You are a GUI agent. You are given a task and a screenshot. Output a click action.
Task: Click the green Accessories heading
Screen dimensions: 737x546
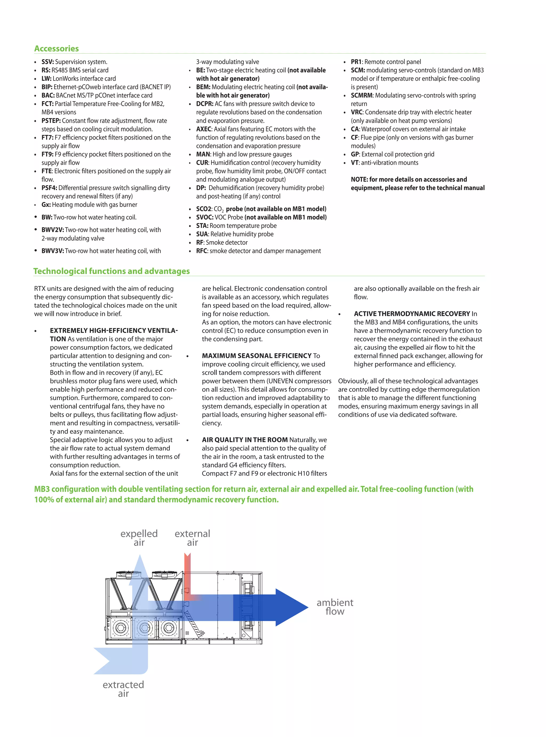click(x=57, y=49)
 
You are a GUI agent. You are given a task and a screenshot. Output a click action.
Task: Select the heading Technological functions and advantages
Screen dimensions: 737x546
click(x=111, y=271)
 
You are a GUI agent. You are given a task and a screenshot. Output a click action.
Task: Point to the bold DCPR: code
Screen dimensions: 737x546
click(x=204, y=104)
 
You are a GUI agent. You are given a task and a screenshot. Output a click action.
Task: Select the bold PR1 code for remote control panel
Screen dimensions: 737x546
click(x=356, y=62)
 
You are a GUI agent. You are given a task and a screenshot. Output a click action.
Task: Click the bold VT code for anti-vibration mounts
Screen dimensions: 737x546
click(x=354, y=163)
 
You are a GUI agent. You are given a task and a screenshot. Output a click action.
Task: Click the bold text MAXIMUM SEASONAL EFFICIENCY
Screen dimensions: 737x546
click(x=256, y=356)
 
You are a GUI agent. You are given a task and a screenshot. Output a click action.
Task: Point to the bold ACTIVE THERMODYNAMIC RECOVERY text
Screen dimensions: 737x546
click(x=412, y=314)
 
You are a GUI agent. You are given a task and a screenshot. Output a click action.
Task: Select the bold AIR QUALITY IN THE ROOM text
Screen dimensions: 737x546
click(x=244, y=440)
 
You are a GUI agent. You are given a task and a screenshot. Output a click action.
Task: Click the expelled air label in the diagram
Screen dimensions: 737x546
click(x=139, y=538)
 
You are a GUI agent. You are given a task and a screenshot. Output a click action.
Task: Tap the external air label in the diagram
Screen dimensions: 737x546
click(x=192, y=538)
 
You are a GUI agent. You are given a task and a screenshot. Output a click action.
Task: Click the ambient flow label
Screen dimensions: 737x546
click(x=335, y=607)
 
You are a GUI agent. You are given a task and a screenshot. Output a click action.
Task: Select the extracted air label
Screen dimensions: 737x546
click(x=123, y=689)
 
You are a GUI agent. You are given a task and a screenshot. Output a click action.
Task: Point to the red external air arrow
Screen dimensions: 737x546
click(x=187, y=575)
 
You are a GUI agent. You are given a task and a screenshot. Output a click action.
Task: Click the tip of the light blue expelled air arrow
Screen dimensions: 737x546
click(x=140, y=558)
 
